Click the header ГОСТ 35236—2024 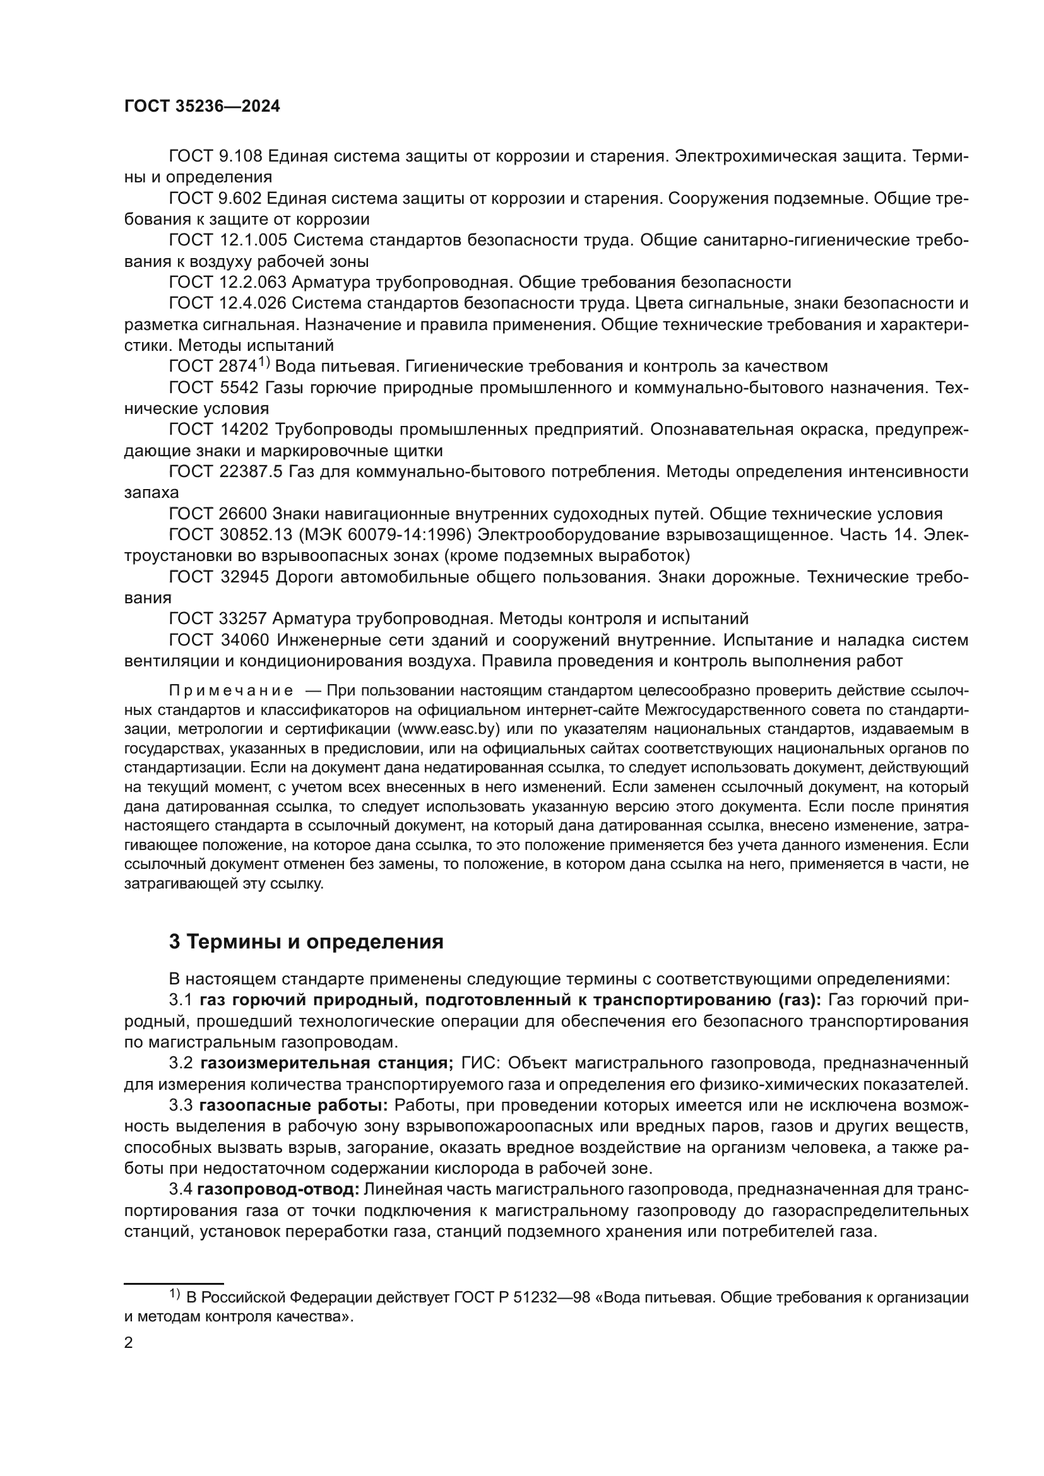coord(202,107)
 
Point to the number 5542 coord(239,387)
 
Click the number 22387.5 coord(250,472)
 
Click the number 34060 coord(244,641)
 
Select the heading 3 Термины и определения coord(306,942)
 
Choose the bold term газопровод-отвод coord(278,1190)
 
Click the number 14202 coord(244,430)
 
